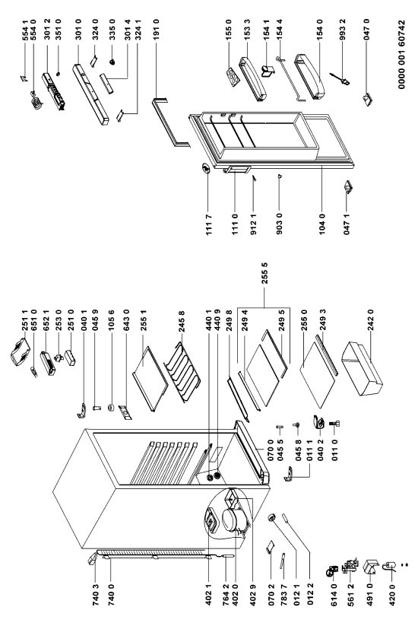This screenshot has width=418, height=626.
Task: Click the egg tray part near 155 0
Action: (x=233, y=76)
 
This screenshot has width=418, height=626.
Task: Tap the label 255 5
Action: (x=264, y=272)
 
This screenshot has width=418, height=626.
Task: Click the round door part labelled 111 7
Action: (x=204, y=170)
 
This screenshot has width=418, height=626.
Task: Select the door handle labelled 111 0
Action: (x=236, y=170)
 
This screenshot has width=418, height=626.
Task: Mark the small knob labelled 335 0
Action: (x=112, y=62)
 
